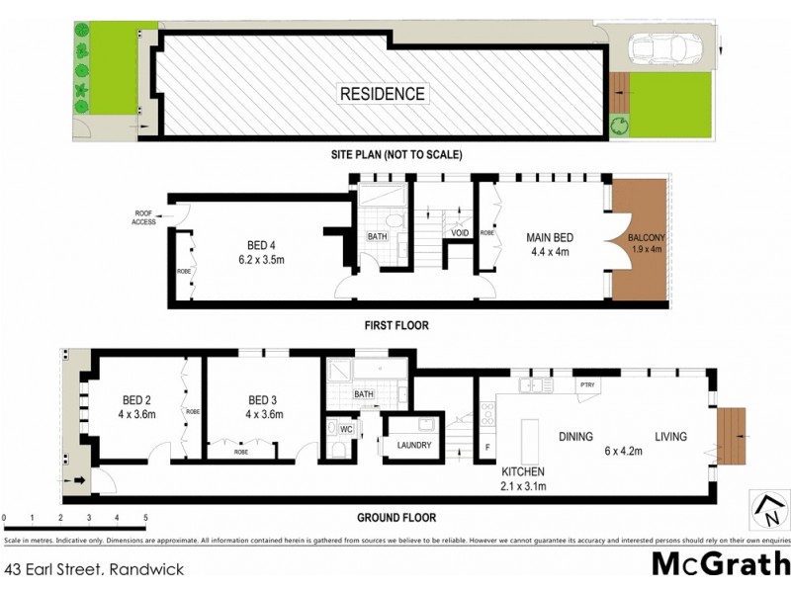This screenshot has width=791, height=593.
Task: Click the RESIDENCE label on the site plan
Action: point(383,95)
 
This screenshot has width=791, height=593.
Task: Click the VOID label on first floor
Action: point(459,233)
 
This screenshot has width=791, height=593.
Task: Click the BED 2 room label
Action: point(136,399)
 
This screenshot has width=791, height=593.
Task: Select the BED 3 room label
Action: point(262,399)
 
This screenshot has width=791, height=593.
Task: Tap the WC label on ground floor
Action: point(345,429)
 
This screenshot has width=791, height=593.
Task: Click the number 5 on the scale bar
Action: point(145,518)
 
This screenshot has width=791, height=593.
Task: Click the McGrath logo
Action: point(720,564)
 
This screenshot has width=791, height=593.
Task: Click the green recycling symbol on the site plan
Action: point(620,125)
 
